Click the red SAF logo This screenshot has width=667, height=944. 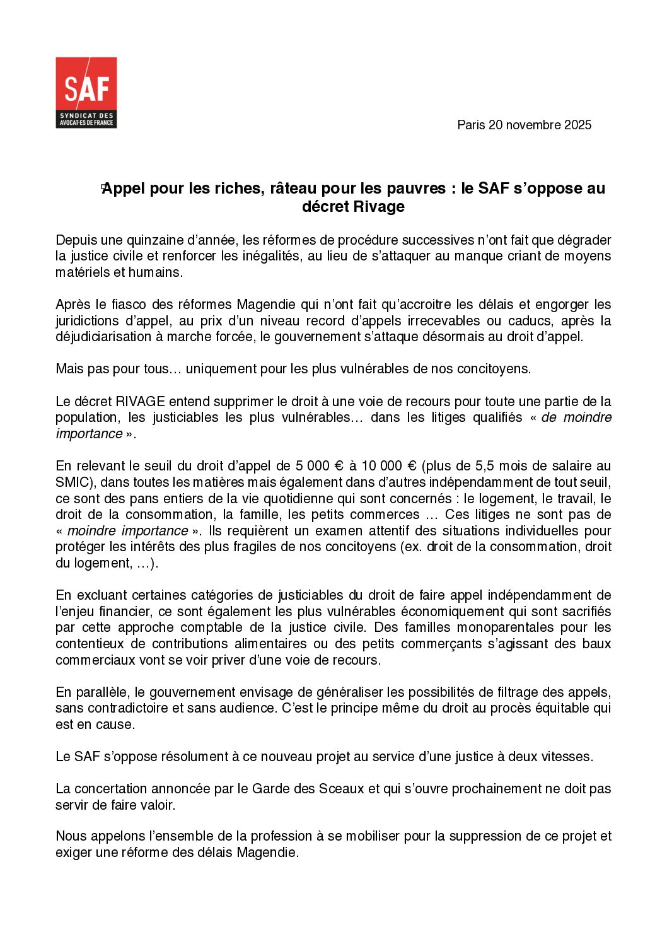tap(86, 92)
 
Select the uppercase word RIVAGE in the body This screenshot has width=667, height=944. tap(140, 402)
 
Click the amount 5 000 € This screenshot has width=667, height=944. tap(319, 466)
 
